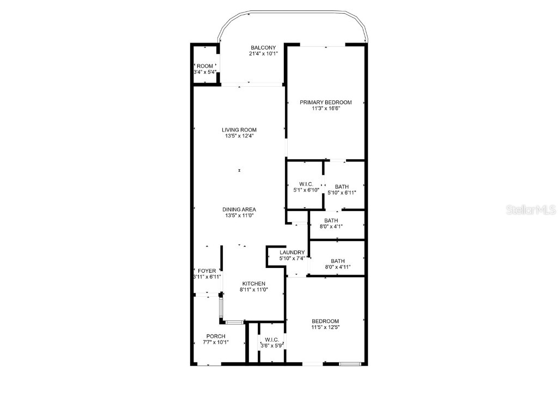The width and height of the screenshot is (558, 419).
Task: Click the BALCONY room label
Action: pyautogui.click(x=263, y=47)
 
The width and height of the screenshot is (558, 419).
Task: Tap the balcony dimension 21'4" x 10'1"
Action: pyautogui.click(x=263, y=53)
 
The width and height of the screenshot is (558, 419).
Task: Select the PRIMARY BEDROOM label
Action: pyautogui.click(x=326, y=102)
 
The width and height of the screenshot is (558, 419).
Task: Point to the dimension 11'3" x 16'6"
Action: pyautogui.click(x=326, y=109)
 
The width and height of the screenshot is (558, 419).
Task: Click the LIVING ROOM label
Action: pyautogui.click(x=239, y=130)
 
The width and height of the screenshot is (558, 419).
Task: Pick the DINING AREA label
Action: pyautogui.click(x=239, y=209)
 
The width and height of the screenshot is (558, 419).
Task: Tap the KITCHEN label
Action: pyautogui.click(x=253, y=284)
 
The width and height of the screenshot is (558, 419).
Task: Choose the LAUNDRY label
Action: pyautogui.click(x=292, y=253)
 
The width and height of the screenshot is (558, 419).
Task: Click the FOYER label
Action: pyautogui.click(x=207, y=271)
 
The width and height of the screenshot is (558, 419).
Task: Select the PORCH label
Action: pyautogui.click(x=216, y=336)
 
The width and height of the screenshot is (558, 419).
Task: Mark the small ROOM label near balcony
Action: pyautogui.click(x=205, y=66)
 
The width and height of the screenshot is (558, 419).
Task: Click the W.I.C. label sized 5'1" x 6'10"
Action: pyautogui.click(x=306, y=184)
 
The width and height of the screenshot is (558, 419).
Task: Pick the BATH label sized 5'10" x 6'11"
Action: pyautogui.click(x=342, y=187)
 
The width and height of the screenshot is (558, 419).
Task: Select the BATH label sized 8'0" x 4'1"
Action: pyautogui.click(x=331, y=220)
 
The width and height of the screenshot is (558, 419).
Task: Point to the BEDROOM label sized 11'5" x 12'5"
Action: pyautogui.click(x=325, y=321)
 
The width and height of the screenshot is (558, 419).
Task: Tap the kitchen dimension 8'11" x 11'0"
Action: pyautogui.click(x=253, y=290)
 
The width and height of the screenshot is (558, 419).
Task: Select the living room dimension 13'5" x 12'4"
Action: pyautogui.click(x=239, y=136)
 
